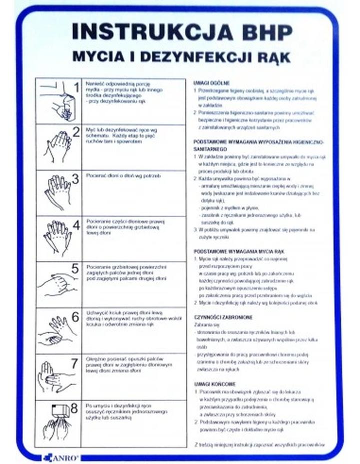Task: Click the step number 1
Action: [76, 87]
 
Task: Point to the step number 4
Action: [76, 225]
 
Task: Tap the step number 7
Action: [74, 363]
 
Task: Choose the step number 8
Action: [74, 408]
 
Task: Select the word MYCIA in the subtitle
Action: [92, 57]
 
